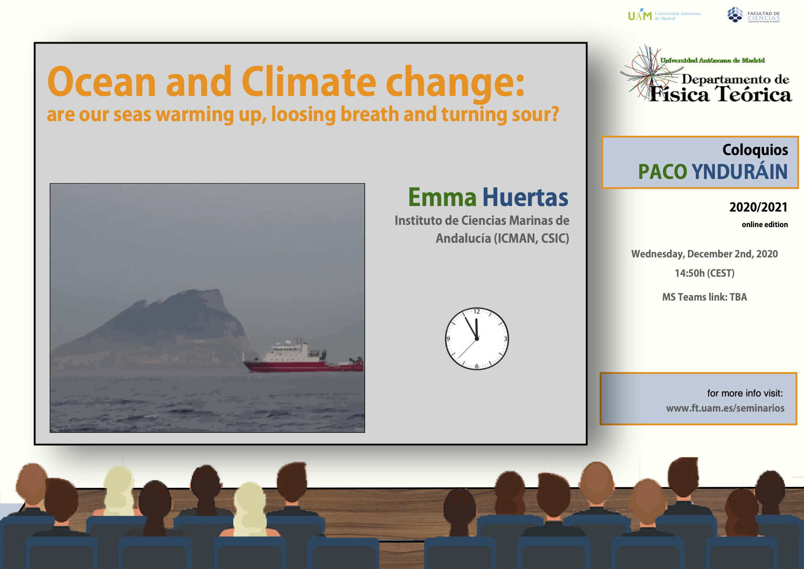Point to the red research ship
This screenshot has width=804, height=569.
point(303,357)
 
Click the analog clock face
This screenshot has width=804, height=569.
point(477,339)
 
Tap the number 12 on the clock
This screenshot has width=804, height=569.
point(477,312)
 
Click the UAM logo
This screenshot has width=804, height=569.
point(664,15)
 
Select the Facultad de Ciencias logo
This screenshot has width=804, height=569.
point(754,15)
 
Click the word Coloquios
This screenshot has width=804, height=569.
point(755,150)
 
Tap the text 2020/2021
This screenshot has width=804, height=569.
point(759,207)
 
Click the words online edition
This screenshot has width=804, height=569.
point(765,224)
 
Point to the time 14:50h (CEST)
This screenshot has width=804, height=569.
point(704,273)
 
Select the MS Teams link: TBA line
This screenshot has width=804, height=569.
point(704,297)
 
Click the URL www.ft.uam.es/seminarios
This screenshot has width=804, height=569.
point(725,408)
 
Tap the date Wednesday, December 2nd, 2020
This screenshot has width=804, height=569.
point(704,254)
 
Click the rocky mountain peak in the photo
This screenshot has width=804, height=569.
point(202,298)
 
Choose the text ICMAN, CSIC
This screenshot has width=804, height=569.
point(531,239)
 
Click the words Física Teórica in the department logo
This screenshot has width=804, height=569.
point(721,94)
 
